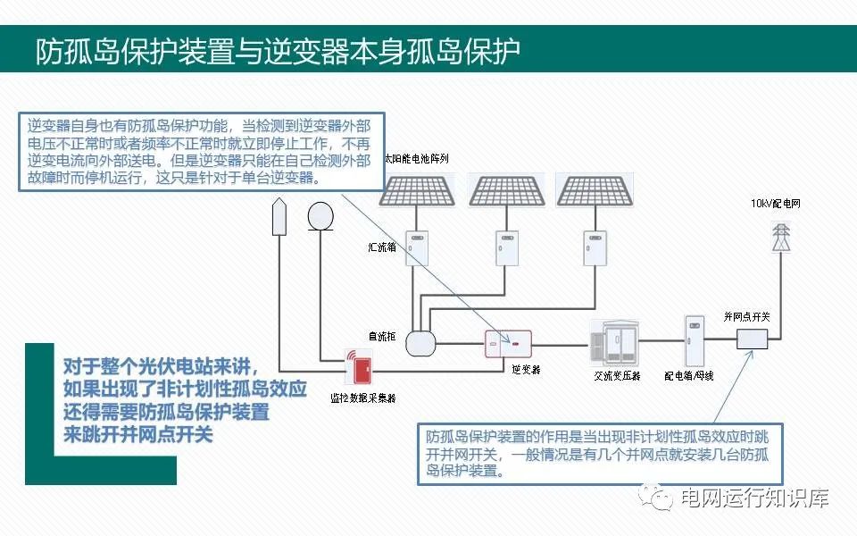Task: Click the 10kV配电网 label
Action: tap(776, 204)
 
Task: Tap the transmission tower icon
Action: tap(781, 237)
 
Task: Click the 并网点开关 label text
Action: tap(747, 317)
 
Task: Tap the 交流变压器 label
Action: tap(617, 376)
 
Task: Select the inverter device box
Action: tap(508, 344)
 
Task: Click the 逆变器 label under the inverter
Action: tap(526, 368)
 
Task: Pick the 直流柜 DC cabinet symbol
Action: tap(418, 342)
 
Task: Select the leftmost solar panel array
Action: tap(420, 189)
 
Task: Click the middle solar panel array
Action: tap(506, 189)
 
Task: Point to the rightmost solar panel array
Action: tap(594, 189)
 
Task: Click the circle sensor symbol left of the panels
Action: tap(319, 215)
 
